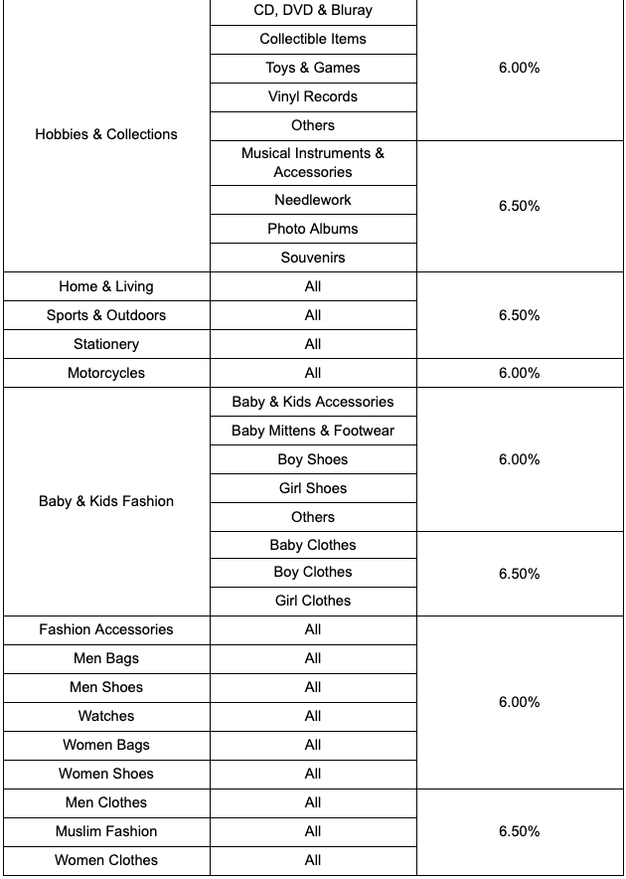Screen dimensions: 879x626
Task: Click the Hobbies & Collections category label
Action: click(106, 134)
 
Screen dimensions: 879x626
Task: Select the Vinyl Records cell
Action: click(313, 96)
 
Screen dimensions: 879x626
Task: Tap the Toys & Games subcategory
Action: click(313, 68)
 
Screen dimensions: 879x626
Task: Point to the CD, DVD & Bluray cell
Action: click(313, 10)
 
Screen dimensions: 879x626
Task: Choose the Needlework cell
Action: click(313, 200)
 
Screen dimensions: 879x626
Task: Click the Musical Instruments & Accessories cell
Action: click(313, 162)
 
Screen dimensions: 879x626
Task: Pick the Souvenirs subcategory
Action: click(313, 258)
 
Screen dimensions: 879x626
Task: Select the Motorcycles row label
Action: click(106, 373)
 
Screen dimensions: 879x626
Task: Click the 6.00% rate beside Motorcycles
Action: click(519, 373)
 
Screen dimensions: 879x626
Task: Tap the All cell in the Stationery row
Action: click(313, 344)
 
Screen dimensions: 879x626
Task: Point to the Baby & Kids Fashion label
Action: click(106, 501)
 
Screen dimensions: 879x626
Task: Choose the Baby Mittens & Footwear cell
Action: click(313, 431)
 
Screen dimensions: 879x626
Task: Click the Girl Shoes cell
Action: click(313, 488)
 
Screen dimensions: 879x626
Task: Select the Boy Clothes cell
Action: click(313, 572)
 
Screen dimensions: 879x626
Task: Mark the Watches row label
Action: click(106, 716)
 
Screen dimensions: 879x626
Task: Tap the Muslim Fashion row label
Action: click(106, 831)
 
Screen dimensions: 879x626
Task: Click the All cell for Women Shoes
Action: click(313, 774)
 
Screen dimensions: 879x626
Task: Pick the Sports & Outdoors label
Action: click(106, 315)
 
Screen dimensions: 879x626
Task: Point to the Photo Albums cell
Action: click(313, 229)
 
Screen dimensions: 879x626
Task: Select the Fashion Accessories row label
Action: click(106, 629)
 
